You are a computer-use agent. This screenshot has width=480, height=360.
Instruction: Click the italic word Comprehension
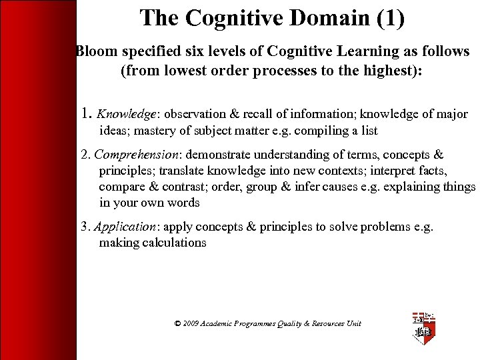pyautogui.click(x=133, y=155)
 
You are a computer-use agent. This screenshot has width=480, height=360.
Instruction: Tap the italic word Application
pyautogui.click(x=125, y=227)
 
